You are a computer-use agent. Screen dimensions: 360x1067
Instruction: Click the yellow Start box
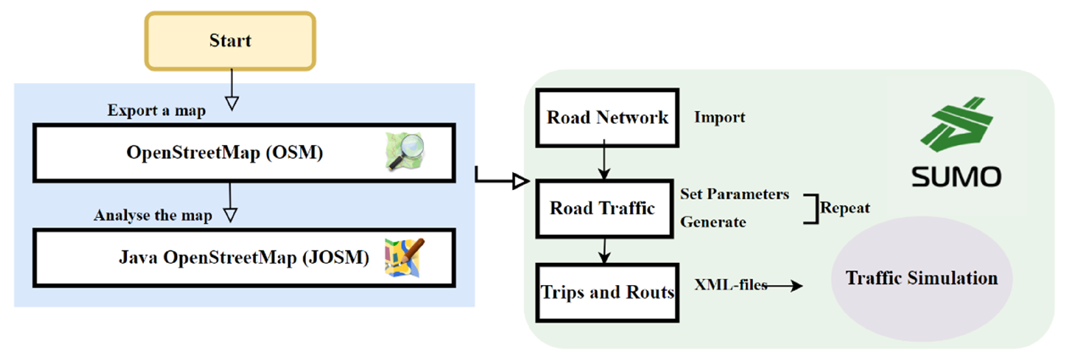coord(230,41)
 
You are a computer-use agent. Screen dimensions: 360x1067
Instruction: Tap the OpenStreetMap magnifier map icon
coord(405,151)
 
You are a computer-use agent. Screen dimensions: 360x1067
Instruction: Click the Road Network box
coord(607,118)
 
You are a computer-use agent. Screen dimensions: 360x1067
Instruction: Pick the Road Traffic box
coord(604,208)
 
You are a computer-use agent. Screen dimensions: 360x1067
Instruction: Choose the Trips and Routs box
coord(607,293)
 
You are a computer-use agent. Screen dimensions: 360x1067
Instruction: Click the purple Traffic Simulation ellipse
coord(921,279)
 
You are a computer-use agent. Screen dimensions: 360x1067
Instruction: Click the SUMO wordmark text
coord(956,177)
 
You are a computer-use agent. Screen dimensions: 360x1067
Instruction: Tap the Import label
coord(720,117)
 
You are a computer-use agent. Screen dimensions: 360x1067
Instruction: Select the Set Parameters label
coord(734,194)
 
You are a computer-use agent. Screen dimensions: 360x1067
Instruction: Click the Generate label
coord(713,222)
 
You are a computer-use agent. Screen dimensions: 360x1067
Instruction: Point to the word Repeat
coord(845,208)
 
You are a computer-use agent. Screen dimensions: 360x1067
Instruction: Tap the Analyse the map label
coord(152,215)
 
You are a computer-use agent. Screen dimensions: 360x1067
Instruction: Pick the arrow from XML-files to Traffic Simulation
coord(785,286)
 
